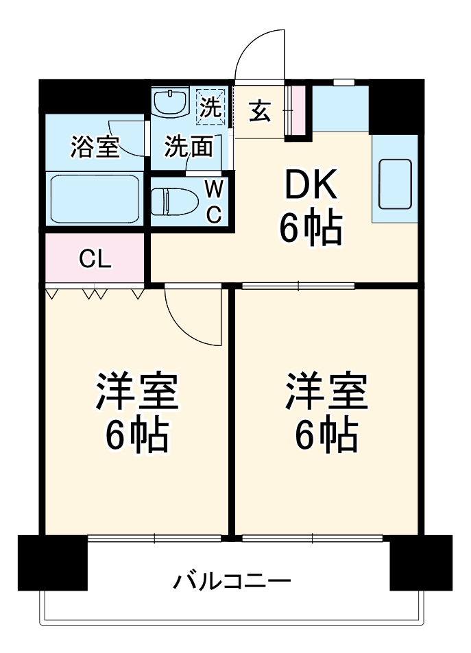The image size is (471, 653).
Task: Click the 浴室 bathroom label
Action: (95, 147)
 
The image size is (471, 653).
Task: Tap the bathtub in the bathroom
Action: (94, 197)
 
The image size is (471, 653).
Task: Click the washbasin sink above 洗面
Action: (170, 104)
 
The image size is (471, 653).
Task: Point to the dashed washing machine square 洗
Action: (210, 106)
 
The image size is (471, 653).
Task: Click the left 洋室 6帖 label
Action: (136, 412)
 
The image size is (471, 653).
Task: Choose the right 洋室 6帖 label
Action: (326, 412)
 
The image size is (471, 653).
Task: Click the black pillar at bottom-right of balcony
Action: (420, 563)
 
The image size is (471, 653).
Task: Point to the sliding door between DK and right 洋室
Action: (298, 286)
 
